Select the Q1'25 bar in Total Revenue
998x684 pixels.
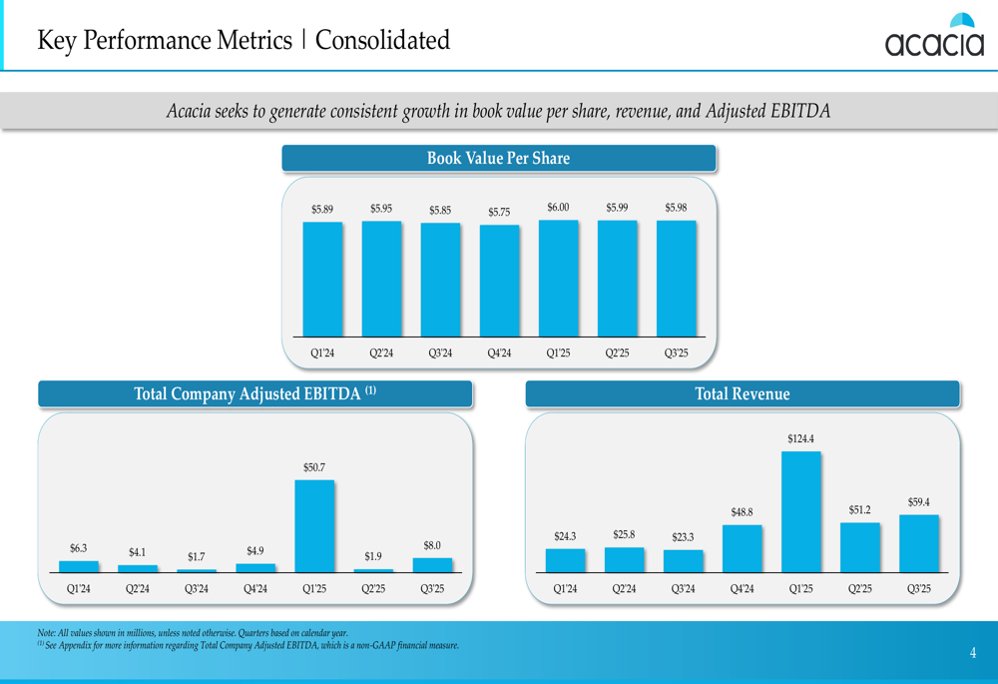point(800,512)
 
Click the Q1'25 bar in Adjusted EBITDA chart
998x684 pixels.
point(314,526)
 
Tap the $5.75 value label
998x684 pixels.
point(499,212)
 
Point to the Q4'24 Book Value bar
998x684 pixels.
point(499,281)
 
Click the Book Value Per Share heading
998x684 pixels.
point(498,158)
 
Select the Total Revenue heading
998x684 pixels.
point(743,394)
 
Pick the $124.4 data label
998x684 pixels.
point(800,438)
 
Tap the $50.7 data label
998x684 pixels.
point(314,467)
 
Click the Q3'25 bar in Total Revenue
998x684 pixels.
point(918,544)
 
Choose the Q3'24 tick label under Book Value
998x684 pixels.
point(440,352)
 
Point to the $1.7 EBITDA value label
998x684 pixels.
point(197,556)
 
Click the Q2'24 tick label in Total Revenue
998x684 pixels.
point(624,589)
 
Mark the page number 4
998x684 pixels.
point(973,653)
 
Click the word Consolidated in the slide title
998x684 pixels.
point(382,41)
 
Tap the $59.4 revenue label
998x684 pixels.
point(918,501)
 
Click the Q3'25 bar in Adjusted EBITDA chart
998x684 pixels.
point(432,565)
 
